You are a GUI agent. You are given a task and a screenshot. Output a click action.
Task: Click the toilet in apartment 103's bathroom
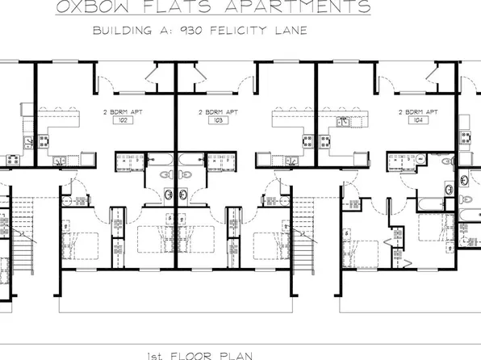186,175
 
